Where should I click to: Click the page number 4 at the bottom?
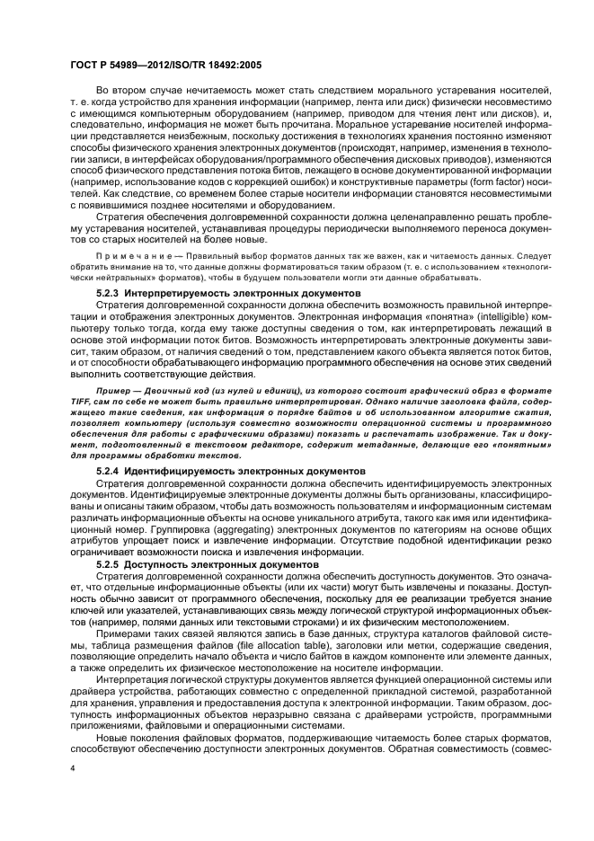(x=73, y=769)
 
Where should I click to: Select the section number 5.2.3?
(x=109, y=294)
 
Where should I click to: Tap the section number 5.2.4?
(x=109, y=470)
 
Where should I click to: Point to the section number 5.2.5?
(x=109, y=563)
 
